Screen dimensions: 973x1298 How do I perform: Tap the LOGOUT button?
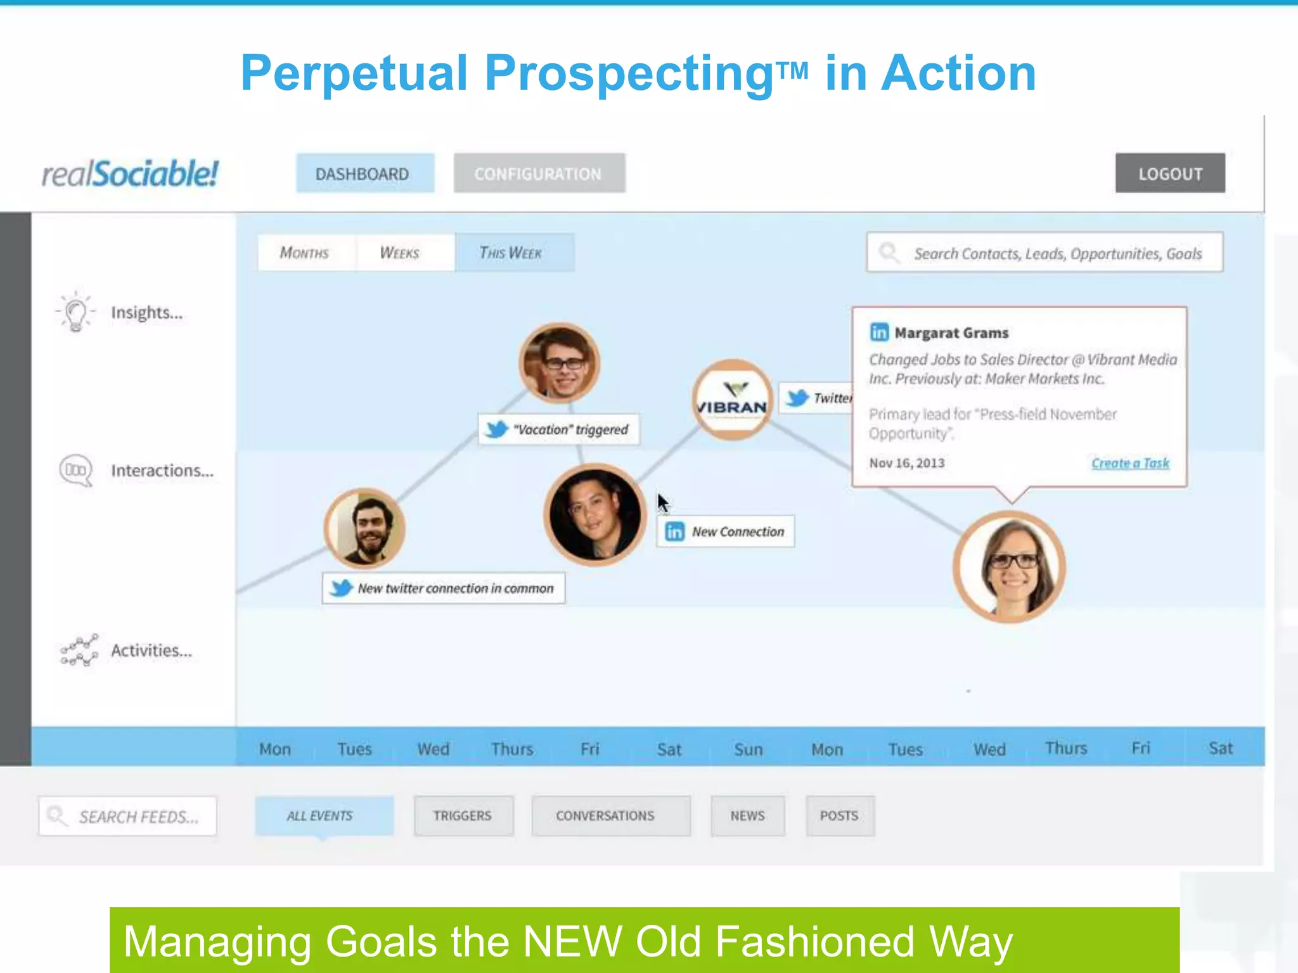coord(1170,174)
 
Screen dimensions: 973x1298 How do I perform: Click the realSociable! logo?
coord(130,174)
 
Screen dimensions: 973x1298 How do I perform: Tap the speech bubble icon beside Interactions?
coord(76,471)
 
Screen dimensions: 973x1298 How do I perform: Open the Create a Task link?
coord(1130,463)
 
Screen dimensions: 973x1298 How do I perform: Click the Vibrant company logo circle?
coord(732,400)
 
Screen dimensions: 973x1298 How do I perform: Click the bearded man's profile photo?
coord(365,528)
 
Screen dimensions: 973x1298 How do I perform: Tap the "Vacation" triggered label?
coord(559,429)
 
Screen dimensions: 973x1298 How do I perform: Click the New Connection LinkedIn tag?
coord(726,531)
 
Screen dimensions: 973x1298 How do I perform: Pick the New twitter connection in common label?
coord(444,588)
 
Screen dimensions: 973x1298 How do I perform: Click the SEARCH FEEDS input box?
coord(128,817)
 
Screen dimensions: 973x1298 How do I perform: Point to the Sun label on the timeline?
coord(748,749)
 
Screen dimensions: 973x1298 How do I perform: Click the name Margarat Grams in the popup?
coord(951,333)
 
